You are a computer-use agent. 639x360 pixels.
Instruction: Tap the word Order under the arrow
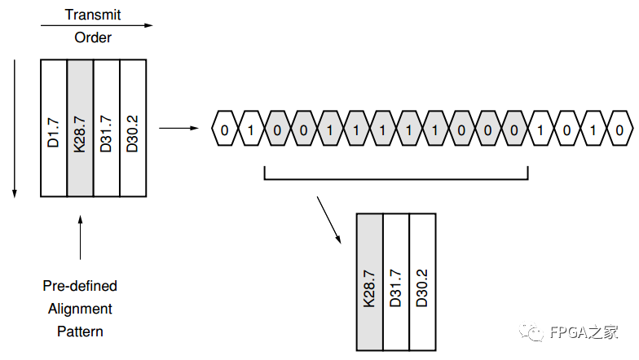[93, 37]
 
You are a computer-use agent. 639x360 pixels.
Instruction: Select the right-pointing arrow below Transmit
[96, 25]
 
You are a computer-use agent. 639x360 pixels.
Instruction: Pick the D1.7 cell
[54, 128]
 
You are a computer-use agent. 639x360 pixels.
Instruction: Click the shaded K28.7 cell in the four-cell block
[81, 128]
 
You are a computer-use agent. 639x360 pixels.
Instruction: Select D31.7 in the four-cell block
[107, 128]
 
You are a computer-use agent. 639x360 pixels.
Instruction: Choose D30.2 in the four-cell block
[133, 128]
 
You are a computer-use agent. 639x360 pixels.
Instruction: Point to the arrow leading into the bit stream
[178, 128]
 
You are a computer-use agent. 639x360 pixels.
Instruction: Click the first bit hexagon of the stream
[225, 129]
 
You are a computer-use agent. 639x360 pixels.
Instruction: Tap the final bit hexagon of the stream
[620, 129]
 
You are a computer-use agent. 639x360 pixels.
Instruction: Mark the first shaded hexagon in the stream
[278, 129]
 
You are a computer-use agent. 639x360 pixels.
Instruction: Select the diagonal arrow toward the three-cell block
[328, 219]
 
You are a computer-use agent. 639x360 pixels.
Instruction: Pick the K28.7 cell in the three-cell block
[369, 282]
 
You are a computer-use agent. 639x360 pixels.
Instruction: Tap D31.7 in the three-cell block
[395, 282]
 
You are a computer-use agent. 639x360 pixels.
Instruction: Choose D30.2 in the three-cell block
[421, 282]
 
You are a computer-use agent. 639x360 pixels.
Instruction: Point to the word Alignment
[80, 309]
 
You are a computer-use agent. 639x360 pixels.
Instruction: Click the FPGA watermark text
[584, 332]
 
